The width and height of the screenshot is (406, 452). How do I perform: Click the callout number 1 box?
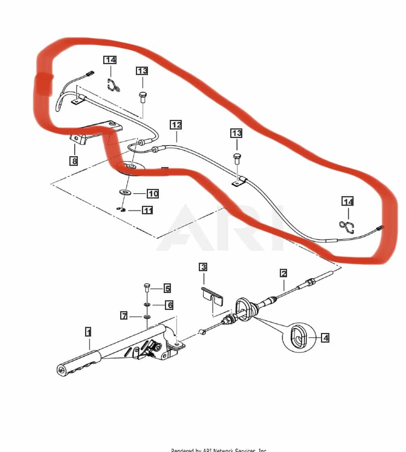coord(88,332)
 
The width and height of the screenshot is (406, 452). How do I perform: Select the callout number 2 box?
coord(283,273)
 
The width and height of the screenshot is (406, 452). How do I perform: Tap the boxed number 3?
coord(203,267)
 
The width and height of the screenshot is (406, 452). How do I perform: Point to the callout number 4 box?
coord(325,337)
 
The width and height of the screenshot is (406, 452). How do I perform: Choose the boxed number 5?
coord(167,288)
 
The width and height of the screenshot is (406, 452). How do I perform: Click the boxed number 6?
coord(169,305)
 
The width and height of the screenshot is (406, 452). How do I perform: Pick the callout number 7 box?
coord(125,315)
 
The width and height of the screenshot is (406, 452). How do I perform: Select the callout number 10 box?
coord(153,194)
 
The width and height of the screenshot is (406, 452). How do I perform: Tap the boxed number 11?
coord(147,210)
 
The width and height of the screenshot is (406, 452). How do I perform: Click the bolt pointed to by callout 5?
coord(147,288)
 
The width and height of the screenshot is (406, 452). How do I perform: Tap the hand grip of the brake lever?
coord(79,362)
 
